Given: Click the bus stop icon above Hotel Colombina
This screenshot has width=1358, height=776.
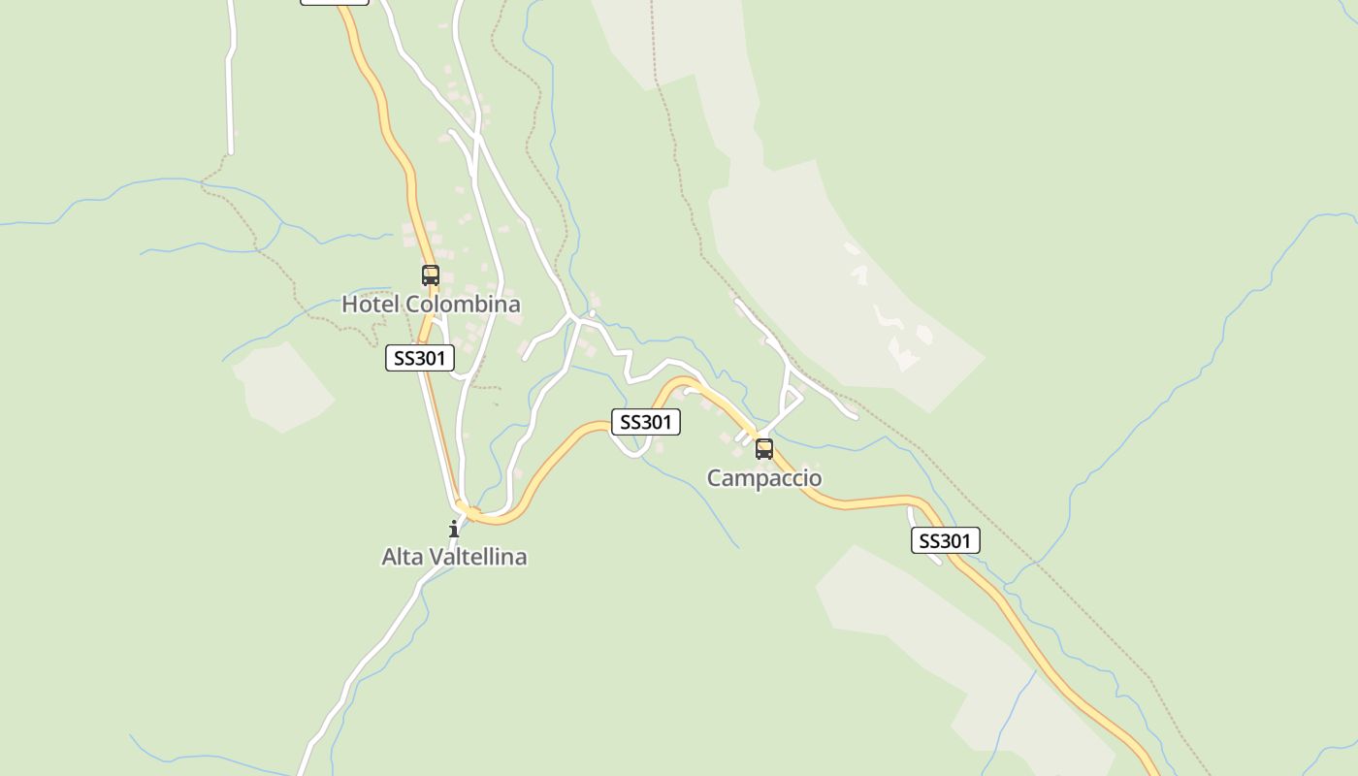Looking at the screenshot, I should (431, 275).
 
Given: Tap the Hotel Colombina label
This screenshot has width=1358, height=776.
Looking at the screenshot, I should (431, 304).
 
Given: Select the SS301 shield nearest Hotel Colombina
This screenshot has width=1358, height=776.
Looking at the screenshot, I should (420, 358).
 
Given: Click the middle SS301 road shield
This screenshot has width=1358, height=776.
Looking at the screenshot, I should (645, 422).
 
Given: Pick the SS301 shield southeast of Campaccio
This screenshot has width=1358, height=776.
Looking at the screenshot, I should (945, 540).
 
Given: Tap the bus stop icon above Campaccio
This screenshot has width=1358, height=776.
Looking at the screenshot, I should (764, 449).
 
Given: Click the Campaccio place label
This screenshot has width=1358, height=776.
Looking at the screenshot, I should (764, 478).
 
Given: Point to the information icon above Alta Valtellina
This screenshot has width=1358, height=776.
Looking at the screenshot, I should (453, 529).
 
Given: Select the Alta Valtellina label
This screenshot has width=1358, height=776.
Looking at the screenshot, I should (454, 557).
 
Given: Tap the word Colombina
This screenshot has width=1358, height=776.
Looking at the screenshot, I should (463, 304).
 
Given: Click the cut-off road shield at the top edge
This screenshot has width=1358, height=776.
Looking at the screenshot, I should (335, 2).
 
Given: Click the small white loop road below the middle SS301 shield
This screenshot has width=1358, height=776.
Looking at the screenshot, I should (633, 449).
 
